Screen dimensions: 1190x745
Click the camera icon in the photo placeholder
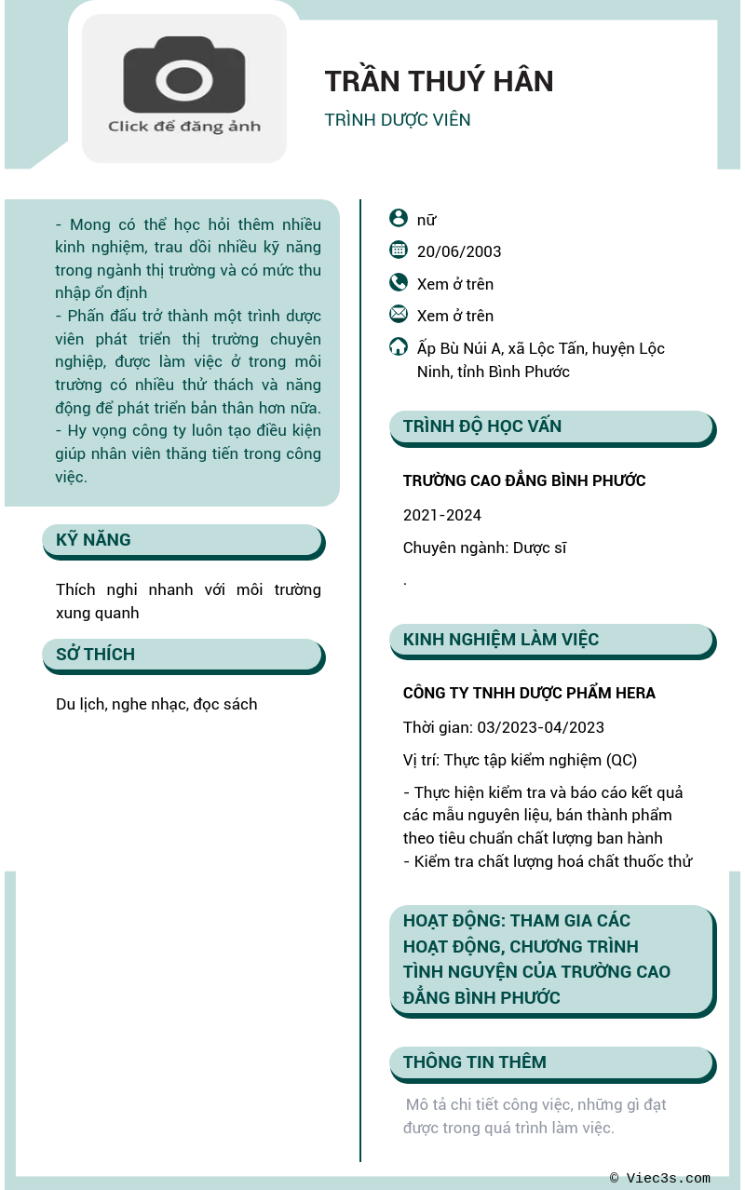[x=184, y=75]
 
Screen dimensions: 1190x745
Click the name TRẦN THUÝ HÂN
[x=439, y=82]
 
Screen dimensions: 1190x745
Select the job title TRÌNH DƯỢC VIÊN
[x=398, y=120]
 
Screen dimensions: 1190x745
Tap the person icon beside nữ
[x=399, y=218]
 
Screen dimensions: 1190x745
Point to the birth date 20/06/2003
[x=459, y=251]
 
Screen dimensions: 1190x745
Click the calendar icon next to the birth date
[x=399, y=250]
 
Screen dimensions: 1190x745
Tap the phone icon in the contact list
[x=399, y=282]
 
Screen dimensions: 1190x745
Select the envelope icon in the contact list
[x=399, y=314]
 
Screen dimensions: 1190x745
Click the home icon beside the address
[x=399, y=346]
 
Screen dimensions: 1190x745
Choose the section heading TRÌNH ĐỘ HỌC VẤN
[x=482, y=426]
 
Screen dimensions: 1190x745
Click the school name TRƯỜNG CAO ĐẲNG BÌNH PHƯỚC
[x=524, y=480]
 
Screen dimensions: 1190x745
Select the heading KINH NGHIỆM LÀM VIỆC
[x=501, y=640]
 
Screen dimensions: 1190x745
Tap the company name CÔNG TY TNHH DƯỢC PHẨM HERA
[x=529, y=693]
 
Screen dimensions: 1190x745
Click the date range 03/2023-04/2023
[x=540, y=727]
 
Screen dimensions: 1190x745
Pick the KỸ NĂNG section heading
[x=93, y=540]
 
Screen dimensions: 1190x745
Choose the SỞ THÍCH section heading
[x=95, y=655]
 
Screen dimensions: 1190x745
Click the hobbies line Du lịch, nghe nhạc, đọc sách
[x=156, y=704]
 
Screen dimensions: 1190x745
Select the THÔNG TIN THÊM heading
[x=475, y=1062]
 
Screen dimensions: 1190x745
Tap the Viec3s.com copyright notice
[x=660, y=1178]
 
